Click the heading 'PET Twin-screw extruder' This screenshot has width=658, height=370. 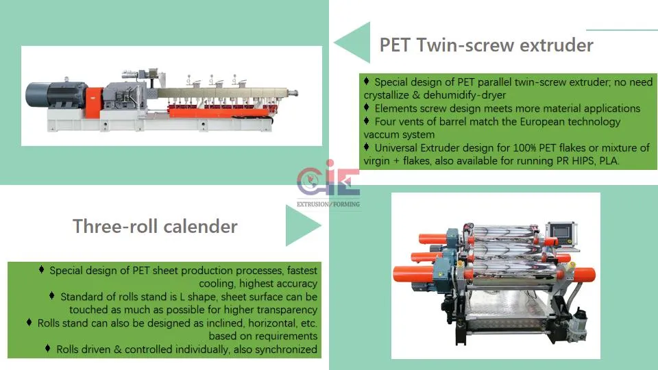click(x=487, y=45)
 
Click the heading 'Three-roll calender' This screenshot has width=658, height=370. click(x=155, y=227)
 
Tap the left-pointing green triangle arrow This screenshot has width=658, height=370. click(x=352, y=42)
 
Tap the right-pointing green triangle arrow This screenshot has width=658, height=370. click(x=303, y=225)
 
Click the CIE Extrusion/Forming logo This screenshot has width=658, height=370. click(x=328, y=184)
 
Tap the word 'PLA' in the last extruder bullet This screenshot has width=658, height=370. click(x=609, y=161)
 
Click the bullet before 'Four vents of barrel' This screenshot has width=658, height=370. click(x=366, y=121)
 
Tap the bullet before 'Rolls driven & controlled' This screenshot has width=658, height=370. click(x=47, y=349)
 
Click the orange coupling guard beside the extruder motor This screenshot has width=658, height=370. click(x=94, y=102)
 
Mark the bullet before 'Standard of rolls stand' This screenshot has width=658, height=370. click(x=51, y=296)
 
